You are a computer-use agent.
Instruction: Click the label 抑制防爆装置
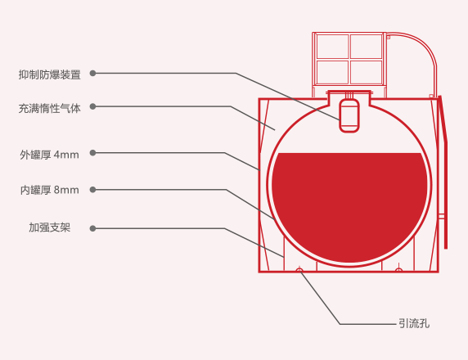50,74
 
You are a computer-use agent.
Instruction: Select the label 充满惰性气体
50,108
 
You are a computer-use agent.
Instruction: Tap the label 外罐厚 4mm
50,155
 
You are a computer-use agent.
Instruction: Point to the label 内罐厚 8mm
50,190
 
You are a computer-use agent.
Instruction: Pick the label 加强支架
50,227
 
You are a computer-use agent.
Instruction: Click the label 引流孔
414,323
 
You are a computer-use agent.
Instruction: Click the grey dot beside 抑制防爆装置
92,73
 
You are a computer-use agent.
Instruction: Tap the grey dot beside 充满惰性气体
92,106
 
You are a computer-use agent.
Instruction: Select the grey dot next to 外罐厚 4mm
92,153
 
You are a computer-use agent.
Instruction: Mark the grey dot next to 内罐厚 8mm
92,190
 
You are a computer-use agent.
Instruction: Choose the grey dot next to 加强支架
92,228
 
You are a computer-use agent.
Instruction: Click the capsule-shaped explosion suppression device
349,115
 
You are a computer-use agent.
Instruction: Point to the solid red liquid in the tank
349,206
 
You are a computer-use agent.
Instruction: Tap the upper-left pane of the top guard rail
332,47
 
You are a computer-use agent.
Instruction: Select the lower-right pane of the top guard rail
367,72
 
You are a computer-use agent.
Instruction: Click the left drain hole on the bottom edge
299,270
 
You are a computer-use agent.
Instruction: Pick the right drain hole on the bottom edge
398,270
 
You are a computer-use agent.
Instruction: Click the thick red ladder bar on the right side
443,172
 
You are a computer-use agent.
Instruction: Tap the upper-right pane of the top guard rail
367,47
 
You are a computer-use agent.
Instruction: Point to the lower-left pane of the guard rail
332,72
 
